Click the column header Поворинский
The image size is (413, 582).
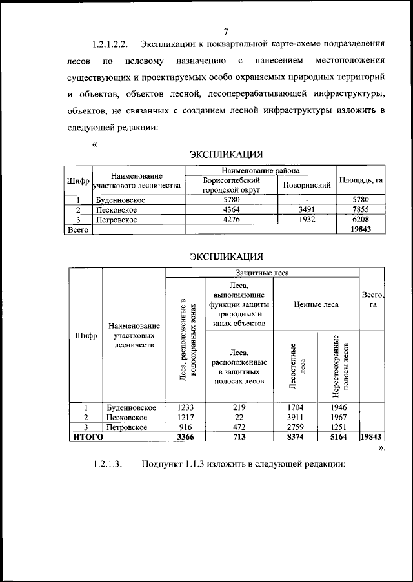pyautogui.click(x=307, y=186)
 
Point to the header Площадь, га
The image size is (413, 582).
pyautogui.click(x=361, y=180)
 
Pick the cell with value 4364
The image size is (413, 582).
pyautogui.click(x=230, y=210)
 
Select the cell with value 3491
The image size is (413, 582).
pyautogui.click(x=307, y=210)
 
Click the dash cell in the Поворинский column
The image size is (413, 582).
pyautogui.click(x=307, y=200)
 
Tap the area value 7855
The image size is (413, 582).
pyautogui.click(x=361, y=210)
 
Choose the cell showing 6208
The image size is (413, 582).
pyautogui.click(x=361, y=220)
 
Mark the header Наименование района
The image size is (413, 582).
pyautogui.click(x=261, y=170)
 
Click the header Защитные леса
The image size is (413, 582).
pyautogui.click(x=262, y=273)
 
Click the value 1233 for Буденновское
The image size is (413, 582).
pyautogui.click(x=185, y=407)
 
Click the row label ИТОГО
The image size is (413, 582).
pyautogui.click(x=88, y=437)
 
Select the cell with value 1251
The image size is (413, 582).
pyautogui.click(x=338, y=427)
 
